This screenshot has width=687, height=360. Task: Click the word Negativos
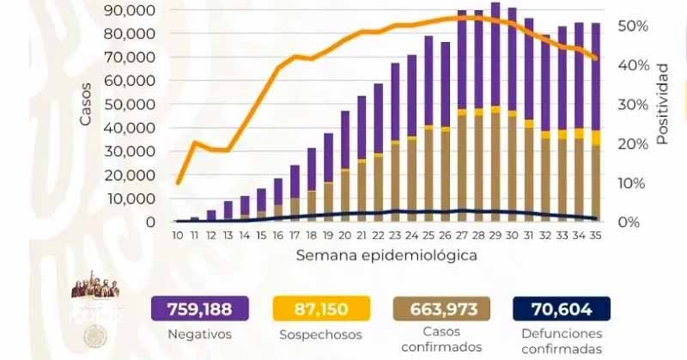199,335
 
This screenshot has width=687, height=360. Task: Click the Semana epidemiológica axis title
386,255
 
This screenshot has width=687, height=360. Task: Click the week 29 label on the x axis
495,235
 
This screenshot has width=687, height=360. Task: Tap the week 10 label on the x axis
177,235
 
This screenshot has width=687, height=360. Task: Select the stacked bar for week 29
495,112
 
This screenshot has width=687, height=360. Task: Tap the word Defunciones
561,333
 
